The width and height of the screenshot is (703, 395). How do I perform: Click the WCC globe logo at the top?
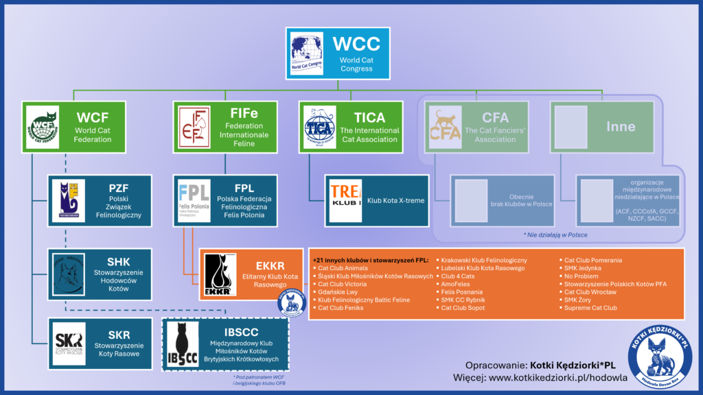click(x=306, y=53)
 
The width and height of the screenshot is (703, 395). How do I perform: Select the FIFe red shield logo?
click(x=194, y=127)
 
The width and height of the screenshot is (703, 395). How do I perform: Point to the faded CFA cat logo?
click(x=444, y=127)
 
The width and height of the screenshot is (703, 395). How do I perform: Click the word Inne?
click(x=620, y=127)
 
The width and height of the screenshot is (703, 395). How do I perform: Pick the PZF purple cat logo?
click(x=69, y=201)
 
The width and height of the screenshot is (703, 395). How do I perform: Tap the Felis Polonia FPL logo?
click(x=194, y=201)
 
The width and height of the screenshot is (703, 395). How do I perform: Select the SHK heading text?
click(x=118, y=262)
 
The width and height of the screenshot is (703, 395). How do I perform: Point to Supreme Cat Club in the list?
click(x=590, y=308)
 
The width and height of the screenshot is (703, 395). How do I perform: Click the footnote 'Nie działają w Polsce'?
click(x=555, y=235)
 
